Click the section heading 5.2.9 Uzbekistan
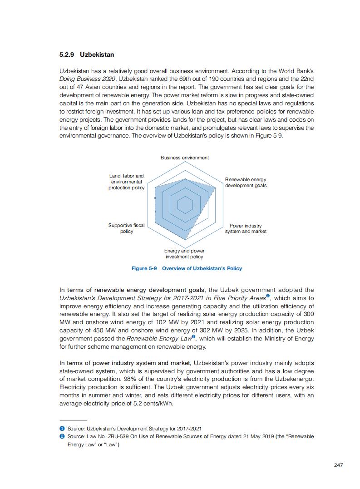pyautogui.click(x=87, y=55)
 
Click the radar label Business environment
pyautogui.click(x=185, y=158)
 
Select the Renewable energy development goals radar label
pyautogui.click(x=246, y=183)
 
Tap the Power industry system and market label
pyautogui.click(x=246, y=228)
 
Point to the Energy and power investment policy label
pyautogui.click(x=184, y=254)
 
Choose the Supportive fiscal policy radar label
pyautogui.click(x=127, y=228)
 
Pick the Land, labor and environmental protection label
pyautogui.click(x=127, y=182)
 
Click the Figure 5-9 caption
pyautogui.click(x=187, y=268)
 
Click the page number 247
pyautogui.click(x=338, y=465)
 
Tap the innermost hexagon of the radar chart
pyautogui.click(x=185, y=206)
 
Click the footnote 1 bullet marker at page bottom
pyautogui.click(x=62, y=429)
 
